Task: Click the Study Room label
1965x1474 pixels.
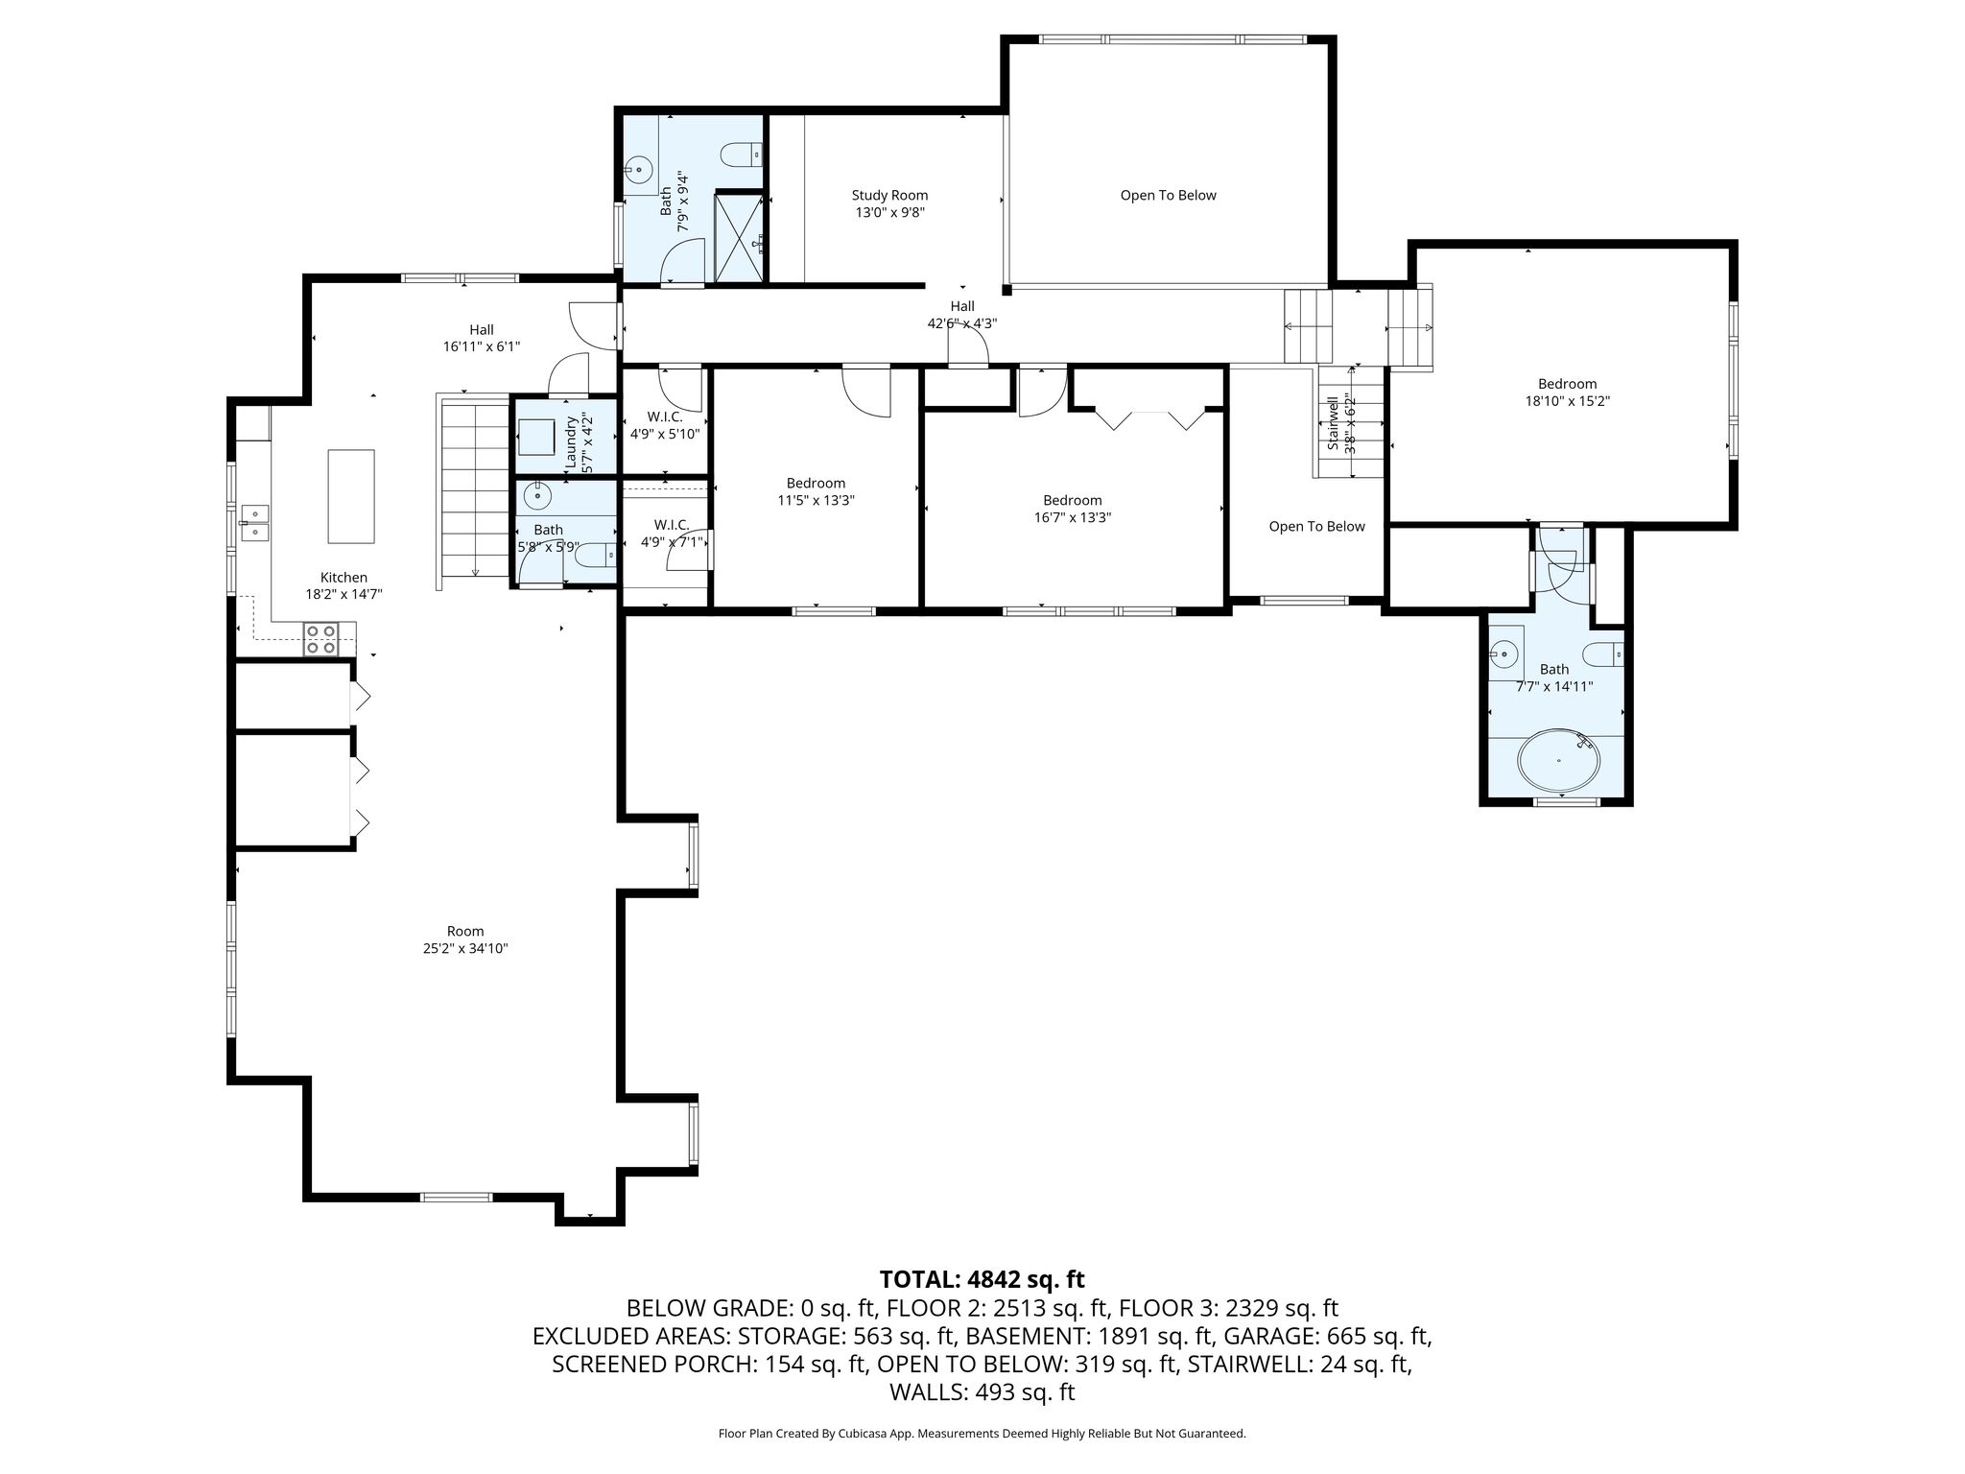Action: pyautogui.click(x=889, y=196)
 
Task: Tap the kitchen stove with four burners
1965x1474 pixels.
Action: pyautogui.click(x=321, y=639)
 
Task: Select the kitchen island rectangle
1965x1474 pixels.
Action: pyautogui.click(x=351, y=496)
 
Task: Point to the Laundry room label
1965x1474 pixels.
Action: pyautogui.click(x=571, y=442)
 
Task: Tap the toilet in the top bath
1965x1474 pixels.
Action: pyautogui.click(x=742, y=153)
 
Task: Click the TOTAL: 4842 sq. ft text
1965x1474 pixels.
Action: pyautogui.click(x=982, y=1279)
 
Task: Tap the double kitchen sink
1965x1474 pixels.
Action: pyautogui.click(x=255, y=524)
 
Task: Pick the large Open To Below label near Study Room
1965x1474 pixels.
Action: pyautogui.click(x=1168, y=196)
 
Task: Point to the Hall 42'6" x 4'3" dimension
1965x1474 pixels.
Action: pyautogui.click(x=962, y=324)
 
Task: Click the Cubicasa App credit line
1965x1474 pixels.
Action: pyautogui.click(x=982, y=1434)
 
